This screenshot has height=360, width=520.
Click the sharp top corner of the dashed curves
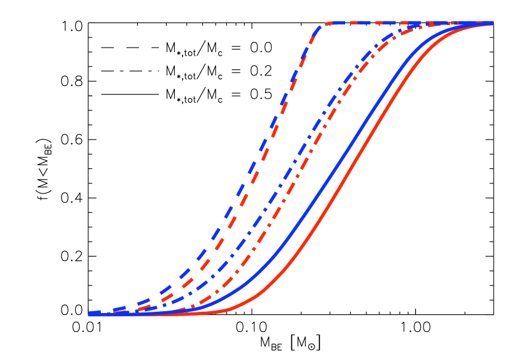pos(322,26)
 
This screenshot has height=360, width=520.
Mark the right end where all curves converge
pos(491,23)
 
